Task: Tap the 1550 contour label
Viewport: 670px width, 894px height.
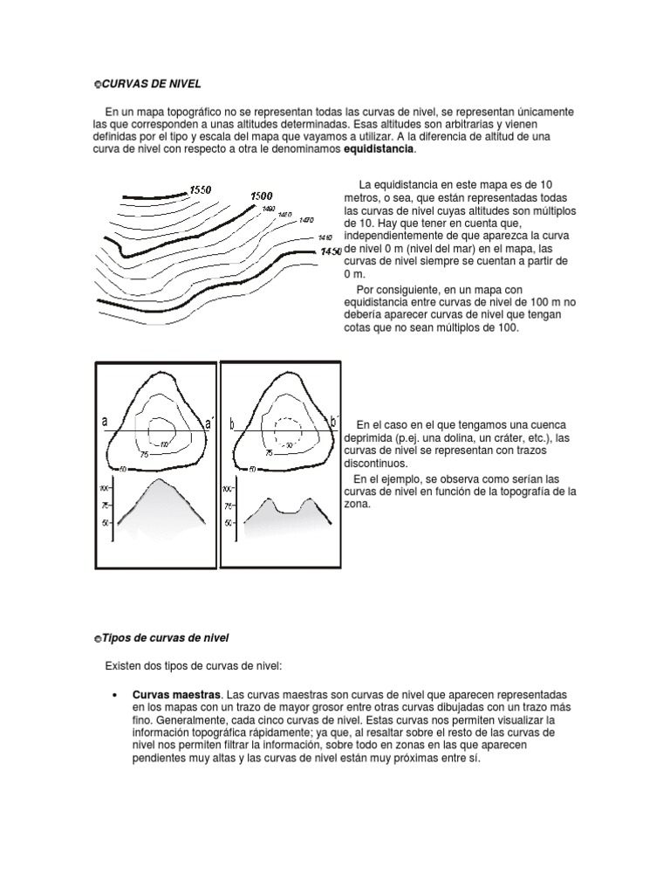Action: (x=200, y=189)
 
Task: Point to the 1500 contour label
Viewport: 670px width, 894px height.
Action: (x=262, y=196)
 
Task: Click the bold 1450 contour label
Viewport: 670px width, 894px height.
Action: (x=330, y=252)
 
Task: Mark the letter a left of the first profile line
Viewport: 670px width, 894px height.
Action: (x=105, y=422)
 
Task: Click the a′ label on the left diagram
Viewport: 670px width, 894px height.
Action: (x=208, y=424)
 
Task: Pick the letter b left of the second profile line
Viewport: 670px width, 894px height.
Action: (x=232, y=424)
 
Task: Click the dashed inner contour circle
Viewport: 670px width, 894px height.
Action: (x=286, y=430)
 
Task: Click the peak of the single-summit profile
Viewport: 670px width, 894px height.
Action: (x=158, y=480)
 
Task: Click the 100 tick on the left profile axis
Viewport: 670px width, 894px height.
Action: (x=104, y=488)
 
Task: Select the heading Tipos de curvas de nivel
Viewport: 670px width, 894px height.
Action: (x=165, y=639)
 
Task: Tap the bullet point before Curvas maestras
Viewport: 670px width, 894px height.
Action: (x=115, y=693)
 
